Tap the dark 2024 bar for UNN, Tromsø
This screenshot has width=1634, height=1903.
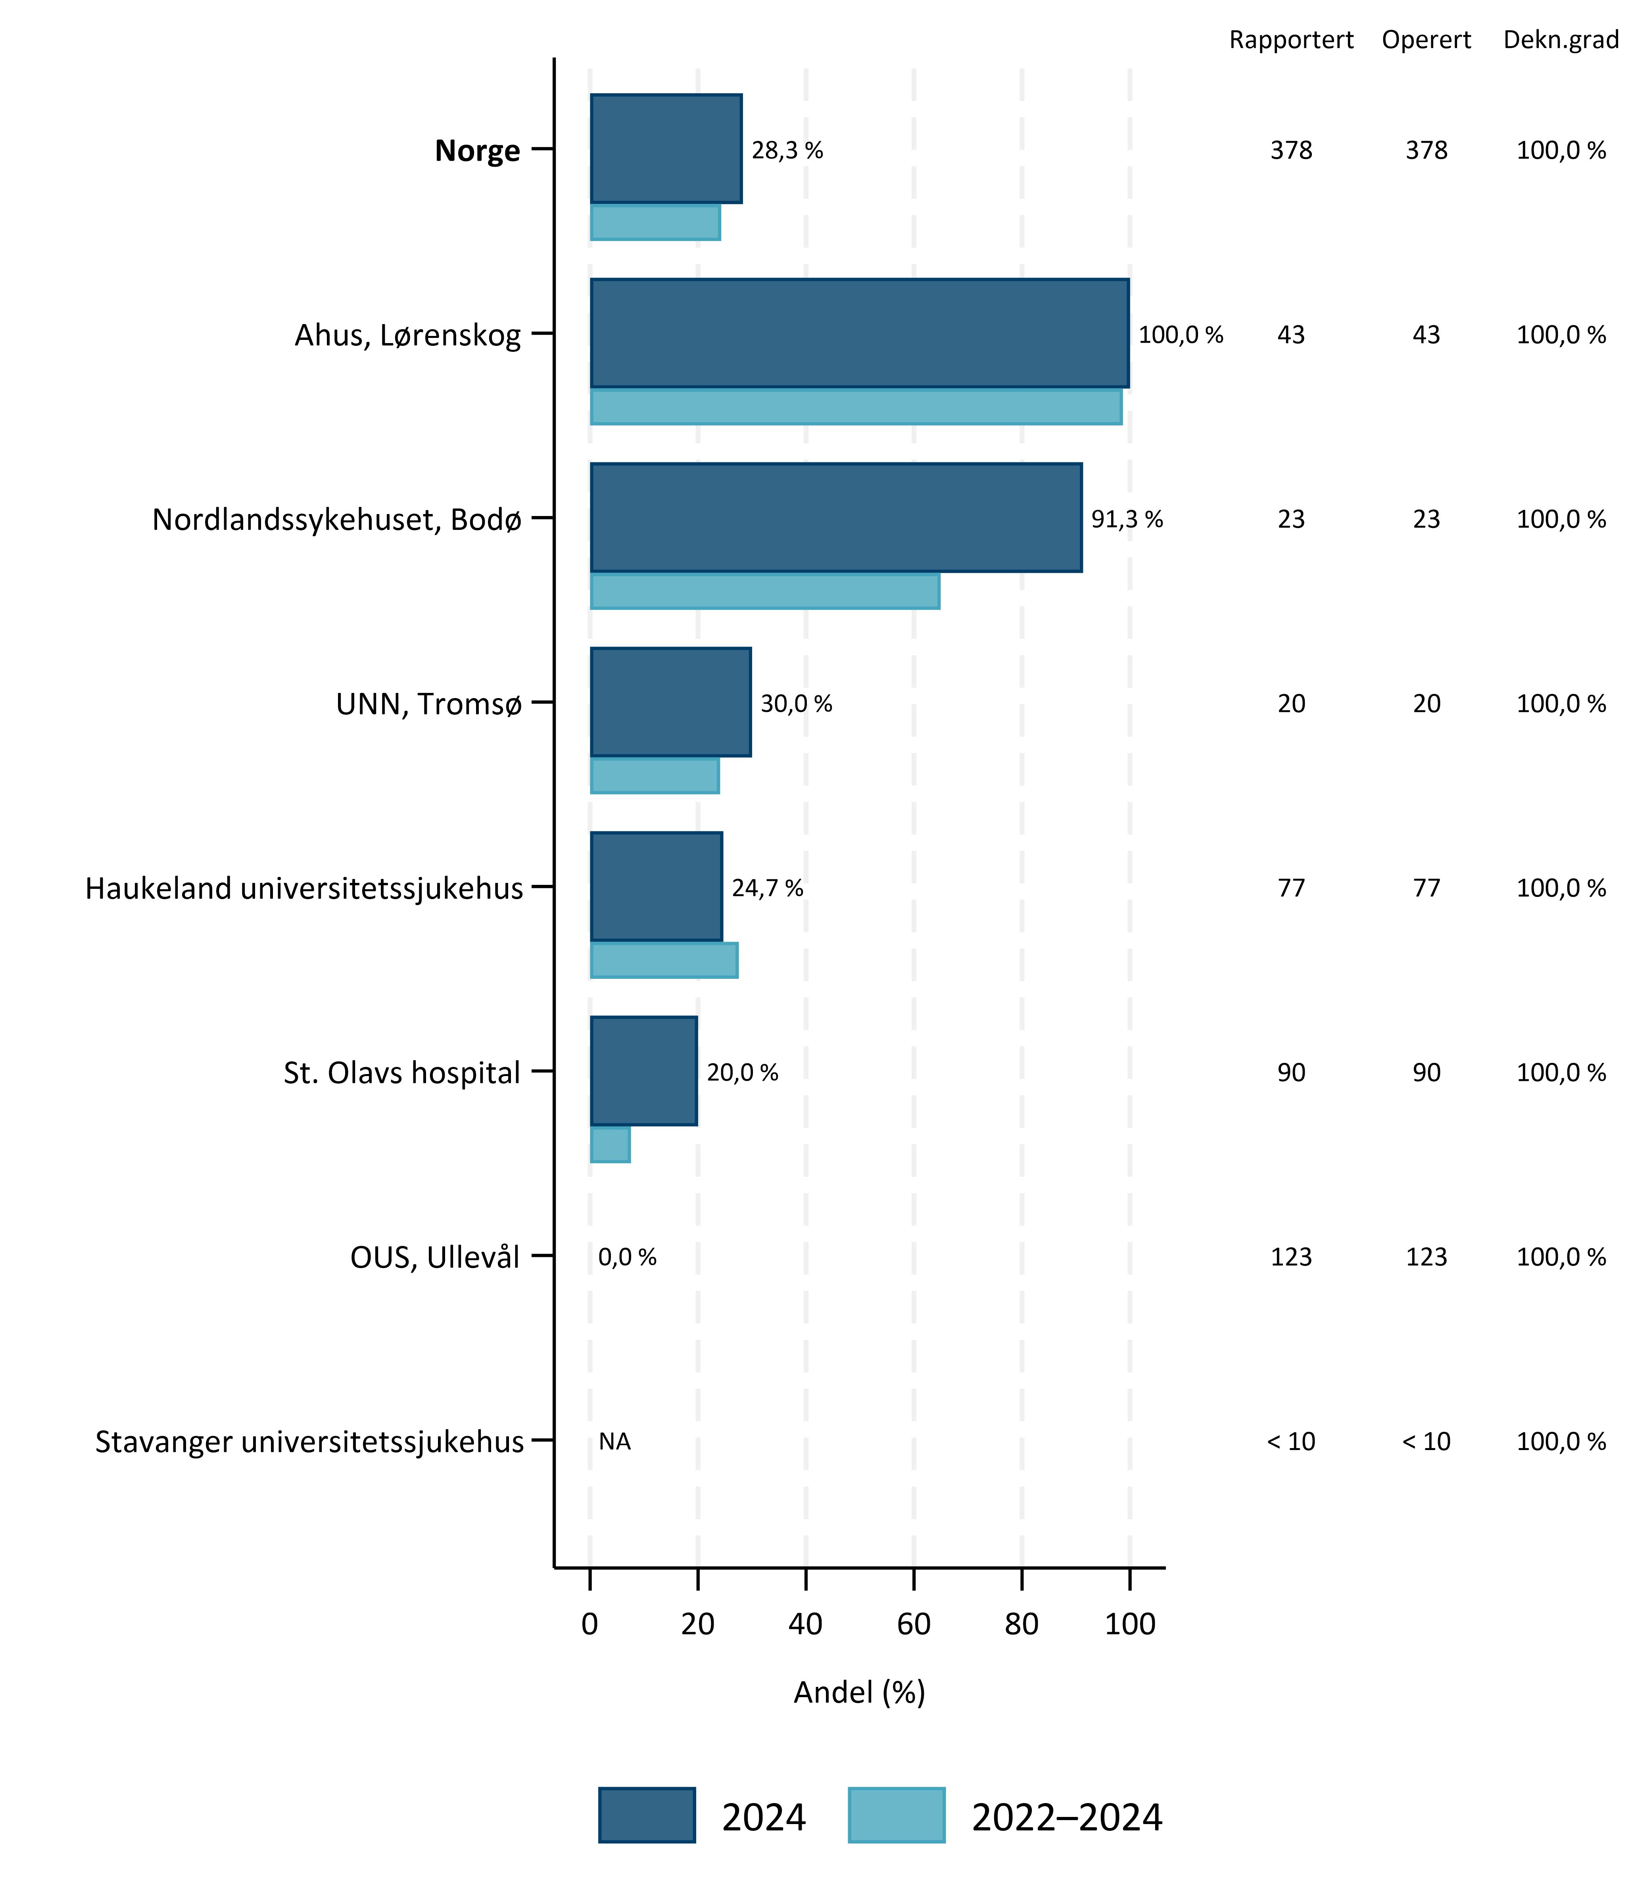click(670, 702)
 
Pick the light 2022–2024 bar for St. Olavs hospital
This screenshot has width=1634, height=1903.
click(610, 1144)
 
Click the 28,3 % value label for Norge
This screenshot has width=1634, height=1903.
click(787, 151)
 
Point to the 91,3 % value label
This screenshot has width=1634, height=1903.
click(1127, 520)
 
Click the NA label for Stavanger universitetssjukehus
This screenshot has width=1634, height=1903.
click(614, 1442)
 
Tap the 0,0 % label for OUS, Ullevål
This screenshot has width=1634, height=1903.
click(627, 1257)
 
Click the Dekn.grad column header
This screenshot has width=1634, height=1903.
click(1561, 40)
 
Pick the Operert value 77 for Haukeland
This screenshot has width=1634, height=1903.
click(1427, 888)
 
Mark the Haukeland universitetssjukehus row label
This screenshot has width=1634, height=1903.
click(304, 888)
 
